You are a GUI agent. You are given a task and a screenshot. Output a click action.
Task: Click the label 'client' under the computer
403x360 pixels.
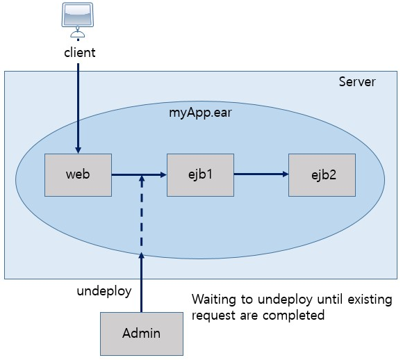(79, 52)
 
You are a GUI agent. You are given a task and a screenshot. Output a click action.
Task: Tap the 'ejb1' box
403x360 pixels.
(200, 174)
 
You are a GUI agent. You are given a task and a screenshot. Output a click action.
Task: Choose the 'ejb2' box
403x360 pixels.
(322, 174)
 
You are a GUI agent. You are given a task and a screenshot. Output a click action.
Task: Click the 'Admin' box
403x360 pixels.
(142, 333)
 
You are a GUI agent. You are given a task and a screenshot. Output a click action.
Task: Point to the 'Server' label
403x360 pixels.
(357, 82)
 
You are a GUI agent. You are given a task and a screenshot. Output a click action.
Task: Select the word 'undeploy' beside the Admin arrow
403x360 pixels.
(104, 291)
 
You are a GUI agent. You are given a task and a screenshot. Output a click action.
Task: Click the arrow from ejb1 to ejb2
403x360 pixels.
(261, 174)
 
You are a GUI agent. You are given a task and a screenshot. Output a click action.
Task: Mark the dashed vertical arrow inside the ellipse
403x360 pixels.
(142, 215)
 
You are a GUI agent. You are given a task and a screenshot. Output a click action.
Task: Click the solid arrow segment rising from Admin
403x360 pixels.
(142, 285)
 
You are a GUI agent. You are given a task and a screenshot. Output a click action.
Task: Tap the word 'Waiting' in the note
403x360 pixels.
(213, 300)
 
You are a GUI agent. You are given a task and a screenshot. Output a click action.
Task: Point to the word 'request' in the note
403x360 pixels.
(213, 315)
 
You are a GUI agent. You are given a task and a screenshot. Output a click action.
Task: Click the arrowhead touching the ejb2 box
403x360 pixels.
(285, 174)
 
